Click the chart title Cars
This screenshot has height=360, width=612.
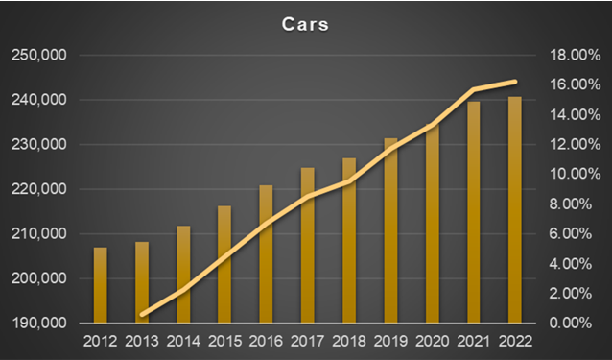(305, 24)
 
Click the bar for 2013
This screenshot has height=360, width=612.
(142, 282)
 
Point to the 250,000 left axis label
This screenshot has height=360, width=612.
(38, 56)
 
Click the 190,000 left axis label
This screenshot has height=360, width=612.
(38, 323)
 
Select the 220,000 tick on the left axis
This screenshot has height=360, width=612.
(38, 189)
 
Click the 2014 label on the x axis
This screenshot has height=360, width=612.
(182, 341)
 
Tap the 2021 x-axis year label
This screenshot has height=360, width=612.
(474, 341)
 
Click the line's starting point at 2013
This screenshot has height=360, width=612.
(142, 315)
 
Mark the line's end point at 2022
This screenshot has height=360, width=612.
(515, 82)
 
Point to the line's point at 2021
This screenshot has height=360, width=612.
(474, 89)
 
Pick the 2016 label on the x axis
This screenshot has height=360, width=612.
(266, 341)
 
